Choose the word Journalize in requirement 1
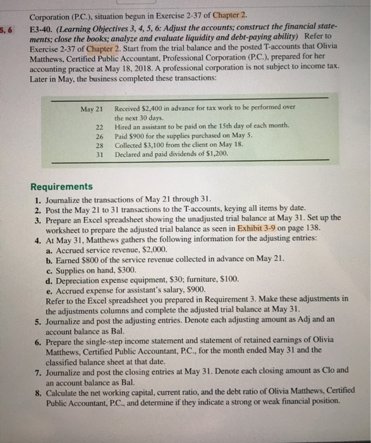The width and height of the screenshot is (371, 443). coord(66,197)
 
